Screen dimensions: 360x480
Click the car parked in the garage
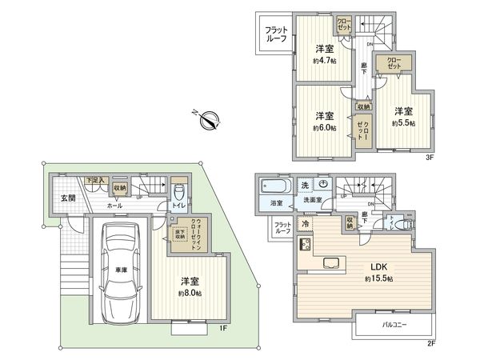coord(122,268)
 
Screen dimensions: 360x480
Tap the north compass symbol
coord(210,121)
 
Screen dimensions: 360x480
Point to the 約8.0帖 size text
coord(190,294)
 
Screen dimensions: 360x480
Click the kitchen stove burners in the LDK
coord(305,245)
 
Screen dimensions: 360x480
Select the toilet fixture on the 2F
coord(404,225)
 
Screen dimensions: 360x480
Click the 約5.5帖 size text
coord(403,122)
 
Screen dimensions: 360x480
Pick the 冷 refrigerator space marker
coord(306,225)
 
